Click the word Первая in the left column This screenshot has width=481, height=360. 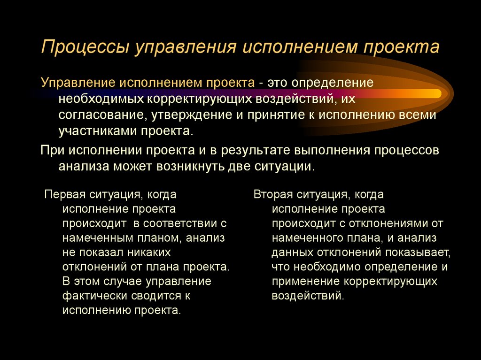tap(65, 194)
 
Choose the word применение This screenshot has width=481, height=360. tap(305, 282)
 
